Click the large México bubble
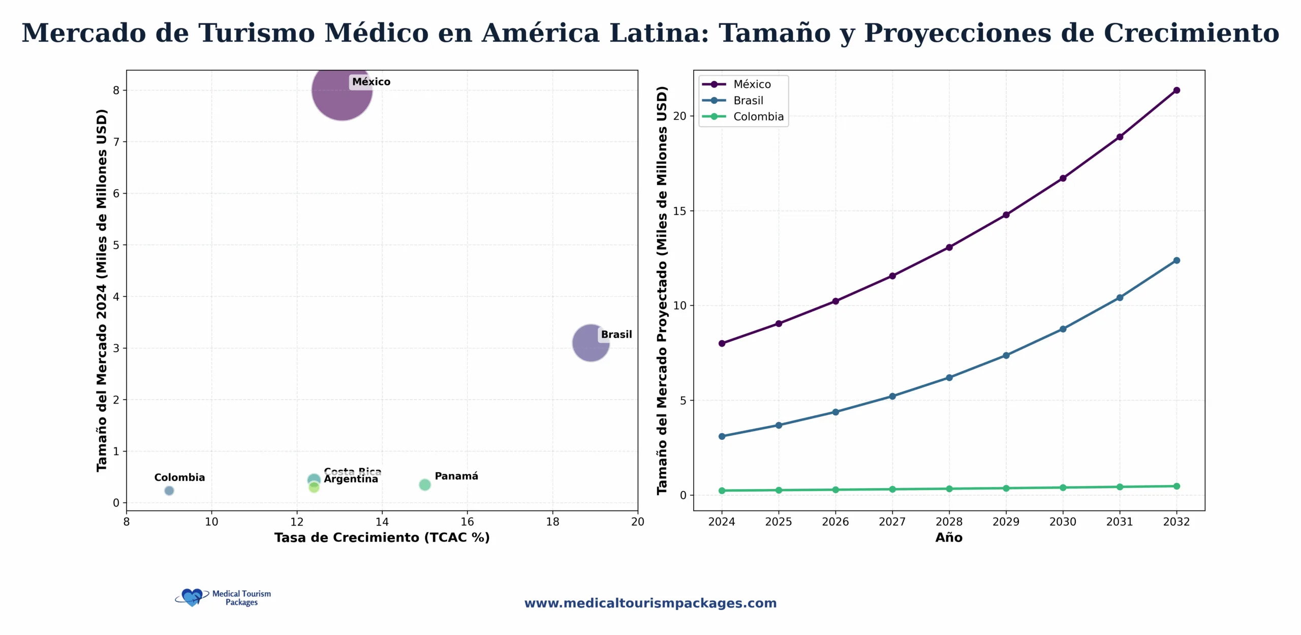(x=342, y=90)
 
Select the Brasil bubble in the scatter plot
(x=590, y=343)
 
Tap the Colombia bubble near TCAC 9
(x=169, y=491)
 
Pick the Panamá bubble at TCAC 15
(x=425, y=485)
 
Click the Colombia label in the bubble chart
(x=179, y=477)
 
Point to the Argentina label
(x=351, y=479)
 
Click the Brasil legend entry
(x=748, y=101)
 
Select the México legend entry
(x=751, y=84)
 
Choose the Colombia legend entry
(x=758, y=117)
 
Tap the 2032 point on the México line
(x=1176, y=90)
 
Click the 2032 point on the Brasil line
(x=1176, y=260)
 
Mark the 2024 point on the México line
(x=722, y=344)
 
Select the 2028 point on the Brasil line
(x=949, y=378)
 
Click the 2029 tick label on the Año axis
(x=1006, y=522)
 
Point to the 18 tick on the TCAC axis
(x=552, y=522)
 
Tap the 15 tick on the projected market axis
(x=679, y=211)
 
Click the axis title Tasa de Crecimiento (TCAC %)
(x=382, y=538)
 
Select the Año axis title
(x=949, y=538)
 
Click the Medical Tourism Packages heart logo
(x=192, y=597)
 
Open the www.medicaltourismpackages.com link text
(x=650, y=603)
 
